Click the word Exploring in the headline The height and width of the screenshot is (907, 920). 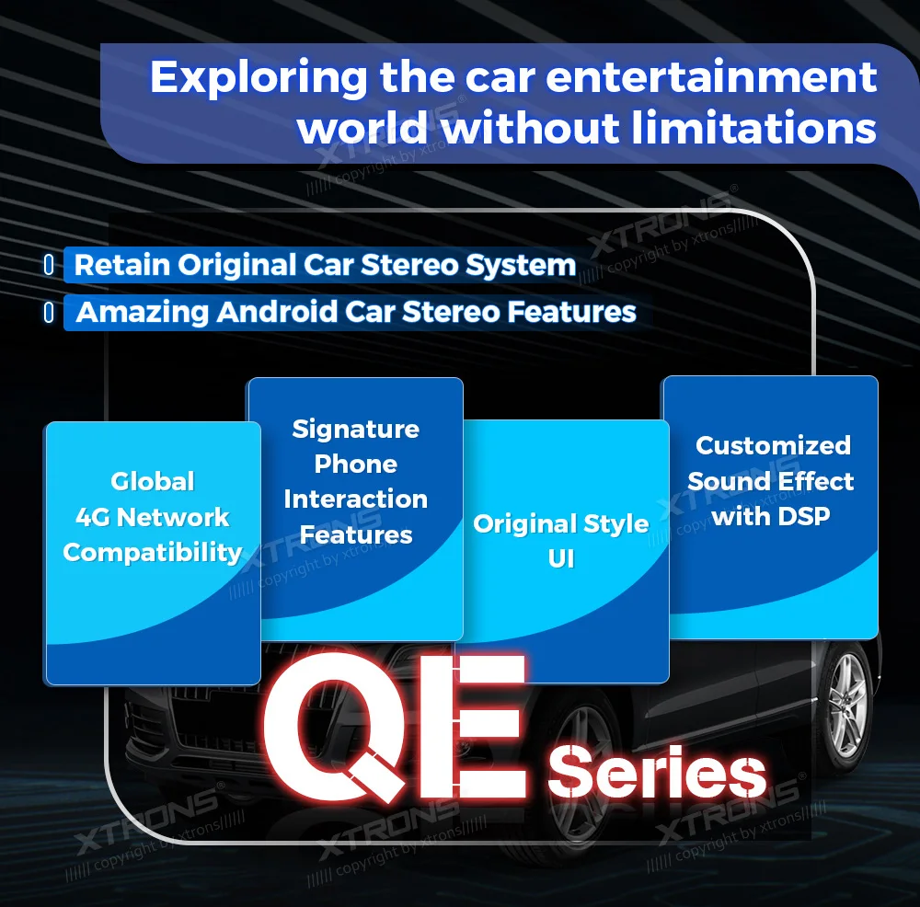tap(259, 78)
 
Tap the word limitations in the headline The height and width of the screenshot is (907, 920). tap(753, 128)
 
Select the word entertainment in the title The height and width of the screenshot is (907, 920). tap(711, 77)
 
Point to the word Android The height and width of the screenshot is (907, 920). tap(276, 312)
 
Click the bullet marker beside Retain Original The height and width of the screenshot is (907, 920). tap(50, 265)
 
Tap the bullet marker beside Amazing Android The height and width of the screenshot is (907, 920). tap(50, 312)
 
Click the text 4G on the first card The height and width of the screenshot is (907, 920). tap(93, 518)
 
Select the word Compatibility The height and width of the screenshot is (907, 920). tap(153, 553)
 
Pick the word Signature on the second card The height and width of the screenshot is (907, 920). tap(355, 430)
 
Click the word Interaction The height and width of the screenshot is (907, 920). tap(355, 499)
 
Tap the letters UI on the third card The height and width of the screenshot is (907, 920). tap(561, 558)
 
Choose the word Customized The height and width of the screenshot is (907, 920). tap(774, 445)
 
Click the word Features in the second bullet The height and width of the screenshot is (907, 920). tap(571, 312)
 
